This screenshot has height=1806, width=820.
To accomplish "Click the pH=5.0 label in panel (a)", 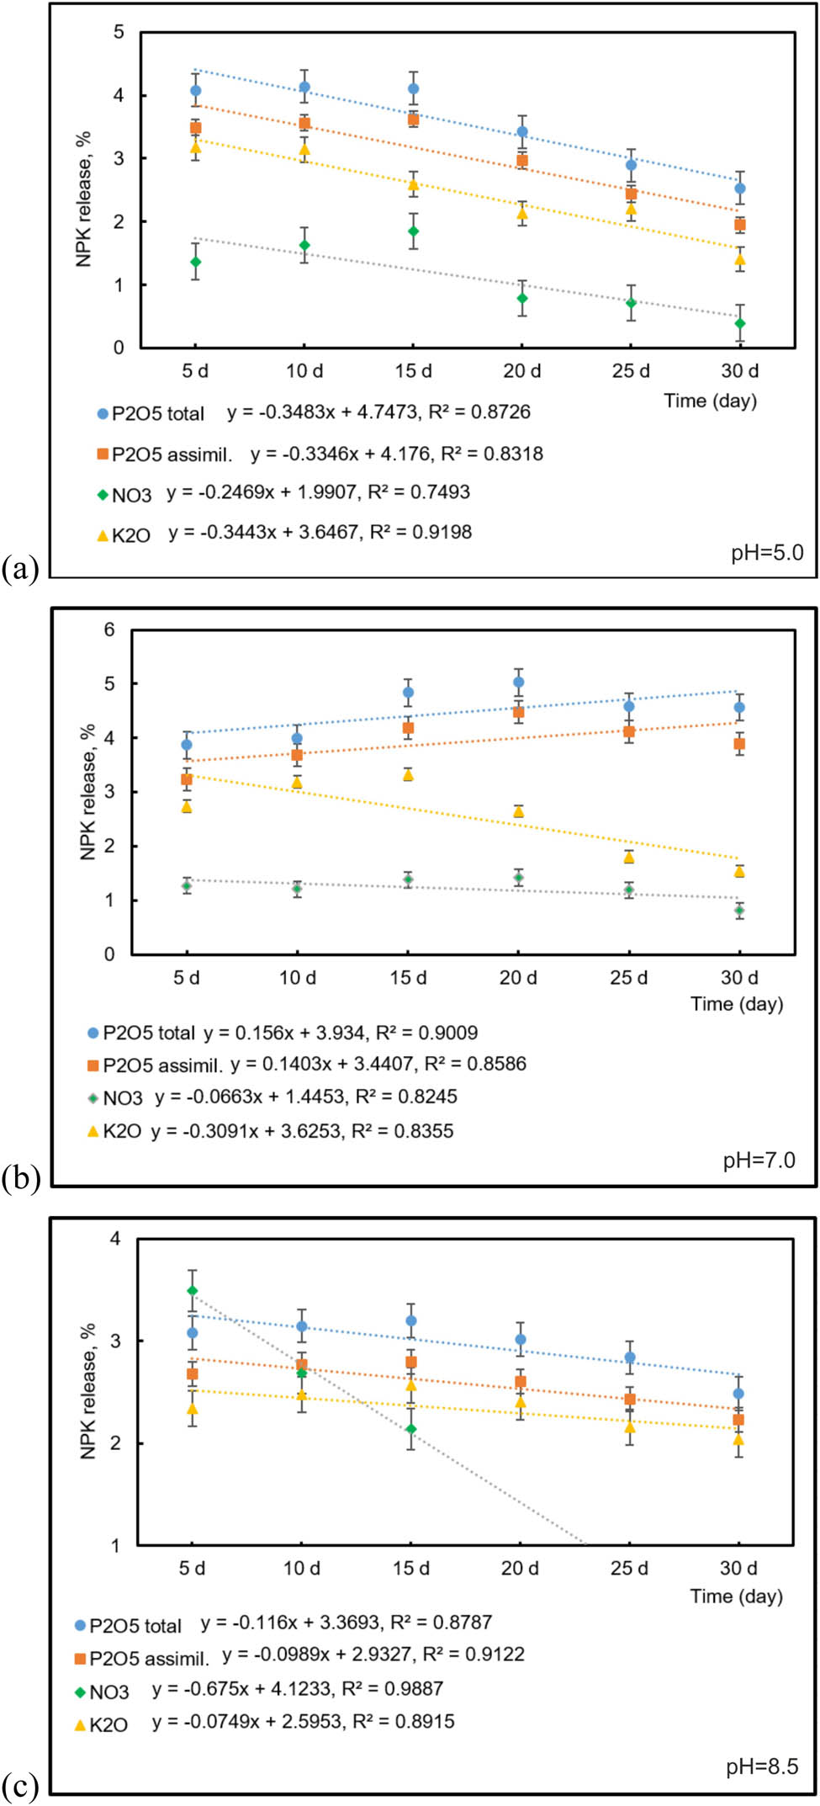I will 767,553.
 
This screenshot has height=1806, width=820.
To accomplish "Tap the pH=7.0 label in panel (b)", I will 759,1160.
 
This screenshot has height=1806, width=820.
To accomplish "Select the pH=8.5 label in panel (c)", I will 762,1766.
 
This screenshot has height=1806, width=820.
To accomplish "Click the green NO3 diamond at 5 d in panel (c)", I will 193,1290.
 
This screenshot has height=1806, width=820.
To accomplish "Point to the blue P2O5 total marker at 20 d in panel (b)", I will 519,683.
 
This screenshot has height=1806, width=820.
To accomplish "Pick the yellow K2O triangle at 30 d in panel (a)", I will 740,259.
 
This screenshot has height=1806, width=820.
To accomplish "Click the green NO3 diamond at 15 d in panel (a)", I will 413,231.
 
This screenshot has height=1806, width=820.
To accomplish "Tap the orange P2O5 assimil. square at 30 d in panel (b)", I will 739,744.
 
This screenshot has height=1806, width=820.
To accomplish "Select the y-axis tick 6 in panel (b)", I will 109,629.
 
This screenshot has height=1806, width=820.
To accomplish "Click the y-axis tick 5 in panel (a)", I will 119,32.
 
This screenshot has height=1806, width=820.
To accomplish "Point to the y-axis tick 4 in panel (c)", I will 115,1239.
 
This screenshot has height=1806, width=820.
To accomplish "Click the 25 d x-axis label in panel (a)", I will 631,370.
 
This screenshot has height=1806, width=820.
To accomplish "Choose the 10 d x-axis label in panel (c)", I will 301,1568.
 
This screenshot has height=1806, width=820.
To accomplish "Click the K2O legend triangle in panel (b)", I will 93,1131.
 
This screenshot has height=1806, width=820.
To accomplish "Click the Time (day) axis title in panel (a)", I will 711,401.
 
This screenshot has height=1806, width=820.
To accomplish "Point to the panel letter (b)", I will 21,1179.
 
